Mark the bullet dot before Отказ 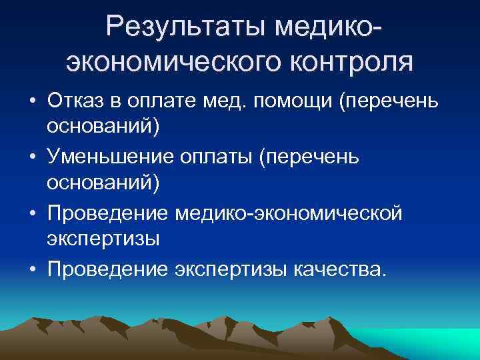[x=32, y=101]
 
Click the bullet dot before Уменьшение [x=32, y=157]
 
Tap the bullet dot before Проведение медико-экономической [x=32, y=213]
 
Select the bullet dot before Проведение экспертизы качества [x=32, y=269]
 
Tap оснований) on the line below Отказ [x=103, y=127]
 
